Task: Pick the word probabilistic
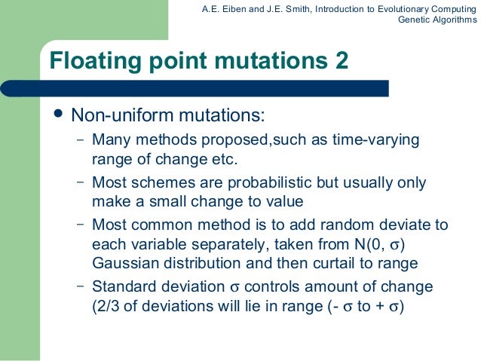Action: [x=266, y=183]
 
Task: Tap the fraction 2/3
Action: [x=99, y=307]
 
